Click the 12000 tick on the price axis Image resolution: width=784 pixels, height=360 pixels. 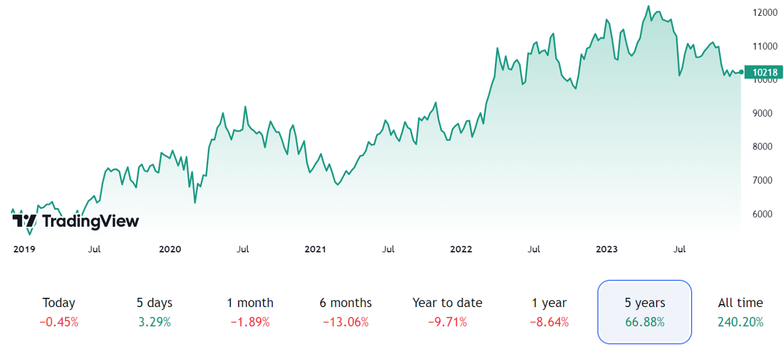[x=765, y=12]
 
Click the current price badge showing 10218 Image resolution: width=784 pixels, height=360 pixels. [x=765, y=72]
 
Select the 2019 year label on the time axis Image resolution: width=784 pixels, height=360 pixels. [x=24, y=249]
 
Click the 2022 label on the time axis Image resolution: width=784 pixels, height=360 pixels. [x=461, y=249]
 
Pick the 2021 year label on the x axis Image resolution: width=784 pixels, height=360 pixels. [x=315, y=249]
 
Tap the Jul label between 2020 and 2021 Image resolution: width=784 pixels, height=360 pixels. [x=242, y=249]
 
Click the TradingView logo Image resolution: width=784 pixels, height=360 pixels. [x=75, y=221]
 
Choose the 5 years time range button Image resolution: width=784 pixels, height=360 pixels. [x=645, y=312]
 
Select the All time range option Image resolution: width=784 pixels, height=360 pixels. [x=740, y=312]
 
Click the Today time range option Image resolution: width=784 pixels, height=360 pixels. [x=59, y=312]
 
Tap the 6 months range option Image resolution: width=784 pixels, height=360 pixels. [x=346, y=312]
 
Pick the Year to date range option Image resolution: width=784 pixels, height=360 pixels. [x=447, y=312]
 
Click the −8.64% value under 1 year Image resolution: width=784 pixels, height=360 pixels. [x=549, y=322]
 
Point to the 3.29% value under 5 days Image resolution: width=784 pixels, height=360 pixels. [x=154, y=322]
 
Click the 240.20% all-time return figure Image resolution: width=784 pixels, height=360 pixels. [x=740, y=322]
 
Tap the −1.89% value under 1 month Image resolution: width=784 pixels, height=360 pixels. [x=250, y=322]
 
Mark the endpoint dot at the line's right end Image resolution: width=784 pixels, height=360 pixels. [x=741, y=72]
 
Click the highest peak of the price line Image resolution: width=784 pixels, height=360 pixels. [x=648, y=7]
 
